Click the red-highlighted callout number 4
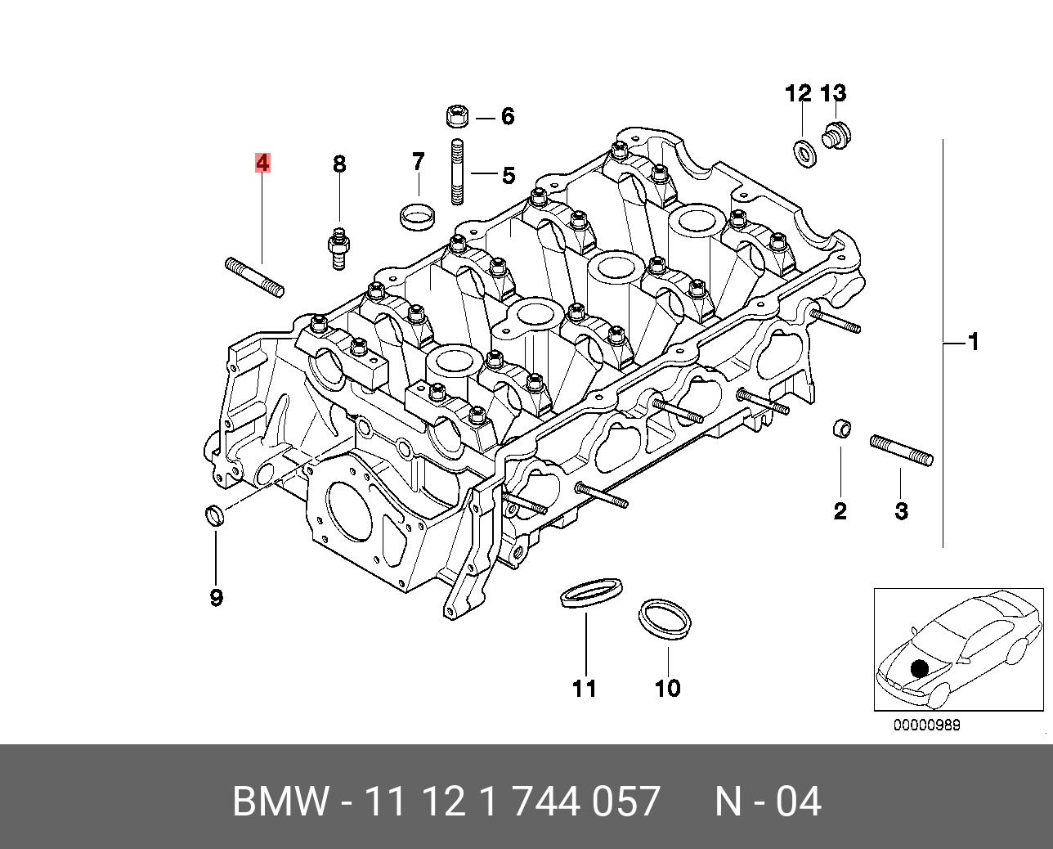point(262,164)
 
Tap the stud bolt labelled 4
point(254,276)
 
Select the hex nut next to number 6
point(456,116)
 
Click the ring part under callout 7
point(417,216)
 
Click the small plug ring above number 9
point(215,515)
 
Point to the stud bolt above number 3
point(901,450)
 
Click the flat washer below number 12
point(804,152)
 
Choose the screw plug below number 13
point(834,136)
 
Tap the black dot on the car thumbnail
point(920,668)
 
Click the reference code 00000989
point(926,725)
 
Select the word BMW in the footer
point(280,802)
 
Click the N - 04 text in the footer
point(767,802)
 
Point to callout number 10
point(667,688)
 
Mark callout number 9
point(216,598)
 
